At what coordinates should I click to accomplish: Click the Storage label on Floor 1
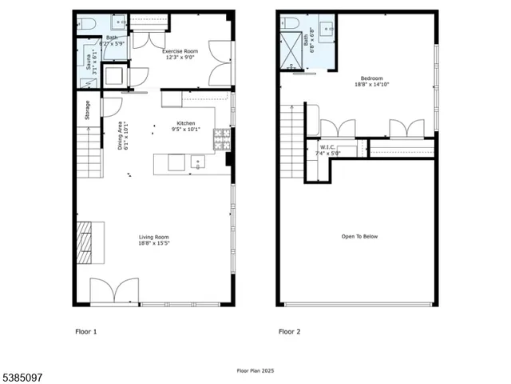tap(88, 110)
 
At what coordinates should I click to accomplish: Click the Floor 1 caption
tap(85, 330)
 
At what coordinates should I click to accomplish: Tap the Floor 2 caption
tap(288, 330)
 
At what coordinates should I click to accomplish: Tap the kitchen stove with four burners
tap(221, 142)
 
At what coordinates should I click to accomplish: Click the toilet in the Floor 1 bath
tap(85, 24)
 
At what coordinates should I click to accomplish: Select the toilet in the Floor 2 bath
tap(290, 23)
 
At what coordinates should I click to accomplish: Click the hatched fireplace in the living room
tap(85, 243)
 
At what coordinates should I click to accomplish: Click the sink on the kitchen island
tap(196, 162)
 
